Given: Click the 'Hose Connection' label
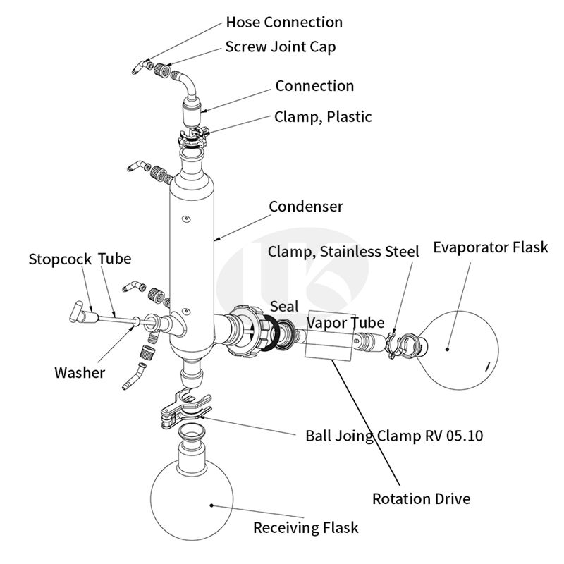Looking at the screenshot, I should (x=284, y=23).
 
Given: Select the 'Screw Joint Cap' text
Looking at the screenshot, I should (x=281, y=47).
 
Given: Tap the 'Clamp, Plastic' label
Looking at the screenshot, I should (x=323, y=117).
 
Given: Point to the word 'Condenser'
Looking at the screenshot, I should (x=306, y=207).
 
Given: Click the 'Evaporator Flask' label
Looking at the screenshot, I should (x=490, y=247).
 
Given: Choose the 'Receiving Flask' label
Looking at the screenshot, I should (x=306, y=527).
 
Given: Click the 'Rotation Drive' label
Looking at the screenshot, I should (x=421, y=499).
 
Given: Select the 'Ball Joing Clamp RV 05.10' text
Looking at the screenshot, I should (x=394, y=435).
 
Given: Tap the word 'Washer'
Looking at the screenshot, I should (x=80, y=372).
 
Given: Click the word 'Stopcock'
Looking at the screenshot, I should (x=60, y=259).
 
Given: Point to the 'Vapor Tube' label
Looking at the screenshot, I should (x=345, y=323).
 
